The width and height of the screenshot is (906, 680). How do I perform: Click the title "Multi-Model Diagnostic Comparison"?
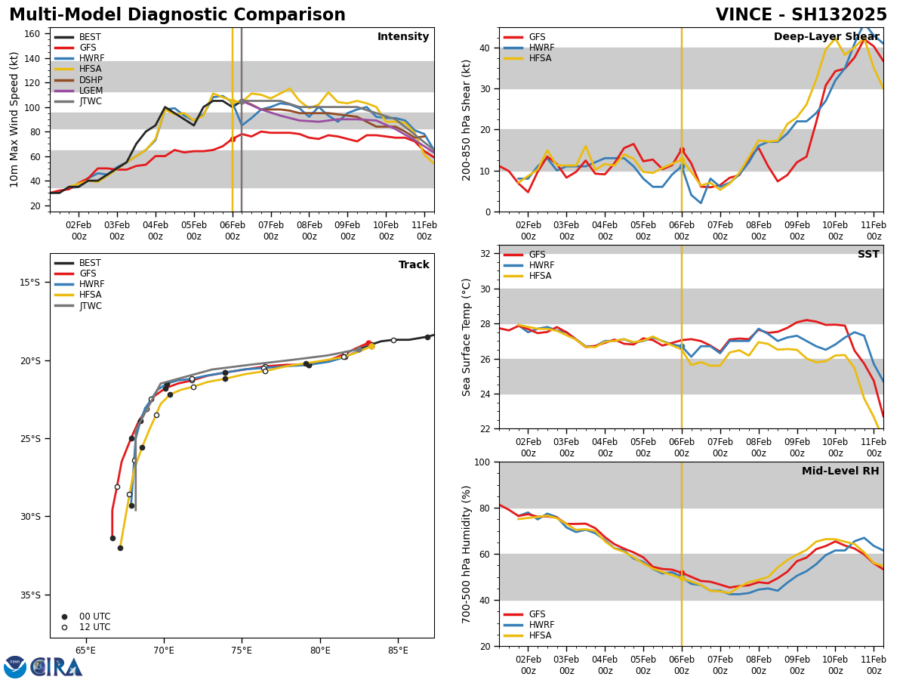point(177,15)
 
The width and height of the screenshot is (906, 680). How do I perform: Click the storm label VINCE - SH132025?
point(801,15)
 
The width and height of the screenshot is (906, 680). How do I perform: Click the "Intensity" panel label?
point(403,37)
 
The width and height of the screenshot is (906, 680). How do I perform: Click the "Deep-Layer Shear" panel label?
point(826,37)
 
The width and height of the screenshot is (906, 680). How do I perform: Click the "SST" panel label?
point(867,255)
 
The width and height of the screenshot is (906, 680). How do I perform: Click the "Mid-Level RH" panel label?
point(840,471)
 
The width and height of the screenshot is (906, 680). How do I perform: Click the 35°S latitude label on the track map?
point(29,595)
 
